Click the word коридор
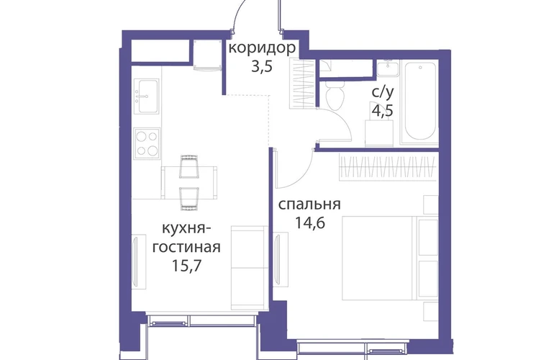tap(262, 48)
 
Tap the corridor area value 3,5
tap(262, 66)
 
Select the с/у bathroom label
tap(382, 92)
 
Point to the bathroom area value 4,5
tap(382, 110)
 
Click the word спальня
tap(309, 204)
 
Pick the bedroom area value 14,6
tap(310, 223)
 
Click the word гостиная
tap(186, 247)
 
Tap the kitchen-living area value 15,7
tap(186, 266)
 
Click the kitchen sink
tap(147, 96)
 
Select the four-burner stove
tap(147, 143)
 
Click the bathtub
tap(419, 102)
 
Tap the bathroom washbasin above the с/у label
tap(388, 68)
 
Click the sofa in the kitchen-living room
tap(249, 268)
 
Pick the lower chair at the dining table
tap(189, 199)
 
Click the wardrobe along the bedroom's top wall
tap(387, 166)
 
